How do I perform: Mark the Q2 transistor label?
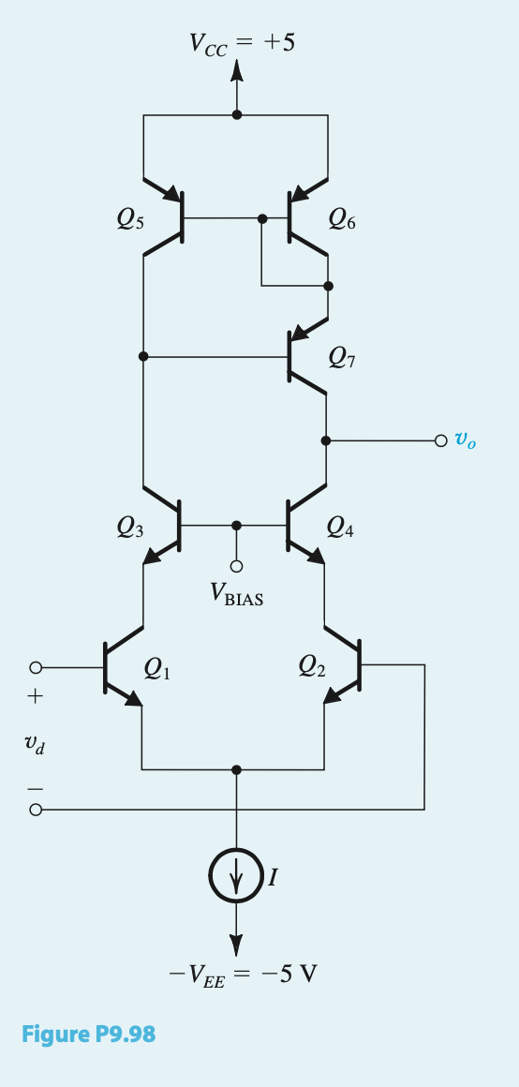[312, 667]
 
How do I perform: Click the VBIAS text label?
[237, 596]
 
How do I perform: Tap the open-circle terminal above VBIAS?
[237, 567]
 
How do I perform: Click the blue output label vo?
[465, 440]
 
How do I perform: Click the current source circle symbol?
[236, 877]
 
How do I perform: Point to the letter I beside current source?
[273, 878]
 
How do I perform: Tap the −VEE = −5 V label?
[243, 975]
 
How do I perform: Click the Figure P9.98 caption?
[88, 1034]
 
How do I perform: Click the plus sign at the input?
[35, 698]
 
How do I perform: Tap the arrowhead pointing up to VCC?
[236, 71]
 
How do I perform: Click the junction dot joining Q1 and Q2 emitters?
[236, 769]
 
